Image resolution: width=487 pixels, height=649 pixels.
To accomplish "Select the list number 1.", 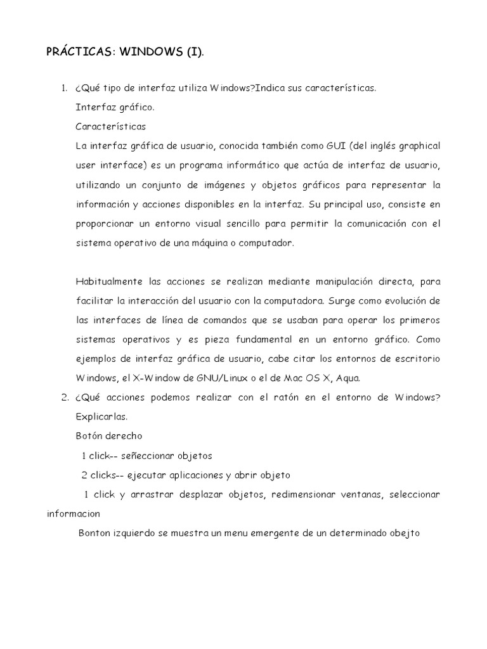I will point(65,88).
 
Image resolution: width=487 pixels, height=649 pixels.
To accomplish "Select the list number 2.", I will point(65,397).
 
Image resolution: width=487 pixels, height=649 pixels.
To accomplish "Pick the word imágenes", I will point(232,185).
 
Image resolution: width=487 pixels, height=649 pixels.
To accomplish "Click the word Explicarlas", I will point(101,417).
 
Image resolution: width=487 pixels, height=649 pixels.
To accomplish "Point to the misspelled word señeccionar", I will point(154,456).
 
